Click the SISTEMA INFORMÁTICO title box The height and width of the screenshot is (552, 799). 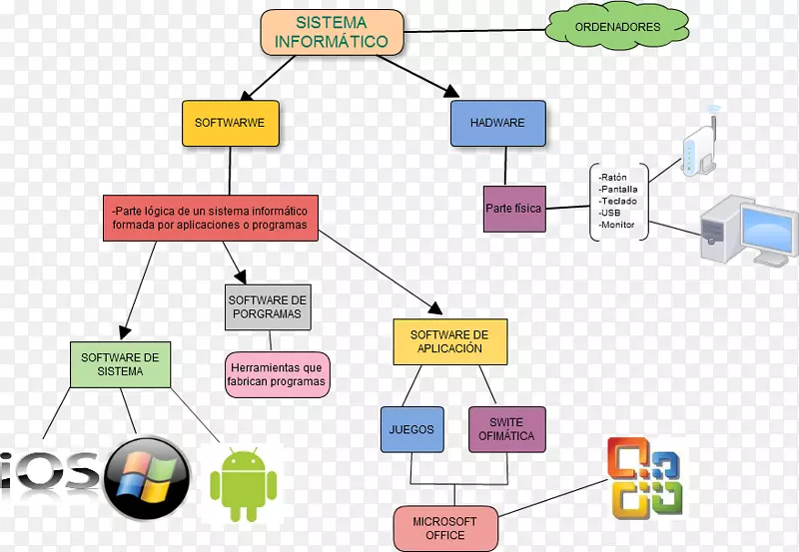333,32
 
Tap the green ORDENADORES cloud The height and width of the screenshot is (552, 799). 617,27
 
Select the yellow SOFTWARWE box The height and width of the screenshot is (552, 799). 230,123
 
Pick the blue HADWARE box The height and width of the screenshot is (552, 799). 497,123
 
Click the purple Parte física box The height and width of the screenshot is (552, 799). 513,209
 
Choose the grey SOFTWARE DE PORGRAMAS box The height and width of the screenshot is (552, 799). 267,306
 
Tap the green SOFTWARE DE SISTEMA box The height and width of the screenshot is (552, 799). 120,364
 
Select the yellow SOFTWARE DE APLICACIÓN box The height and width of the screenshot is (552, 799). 450,342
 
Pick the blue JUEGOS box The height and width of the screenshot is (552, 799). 411,430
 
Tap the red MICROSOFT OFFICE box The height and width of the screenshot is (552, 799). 445,528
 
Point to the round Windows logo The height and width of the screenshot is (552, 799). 147,478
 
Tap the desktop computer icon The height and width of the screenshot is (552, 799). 747,230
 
